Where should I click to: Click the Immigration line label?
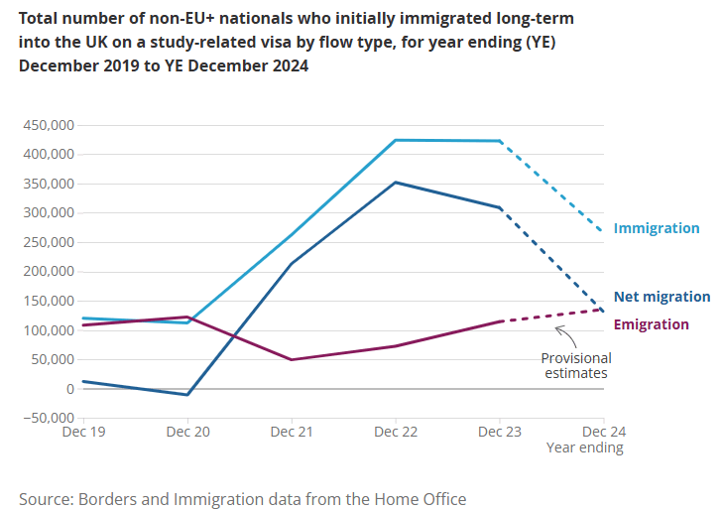tap(656, 228)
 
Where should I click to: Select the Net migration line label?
tap(662, 297)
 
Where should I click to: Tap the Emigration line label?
tap(651, 324)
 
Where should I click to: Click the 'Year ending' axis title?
tap(585, 447)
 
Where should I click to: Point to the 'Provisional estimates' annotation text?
tap(575, 365)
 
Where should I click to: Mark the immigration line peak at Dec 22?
tap(396, 140)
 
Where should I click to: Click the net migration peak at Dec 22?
tap(396, 183)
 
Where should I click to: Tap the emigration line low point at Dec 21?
tap(292, 359)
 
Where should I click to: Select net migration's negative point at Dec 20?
tap(187, 395)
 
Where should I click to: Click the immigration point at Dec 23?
tap(500, 141)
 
